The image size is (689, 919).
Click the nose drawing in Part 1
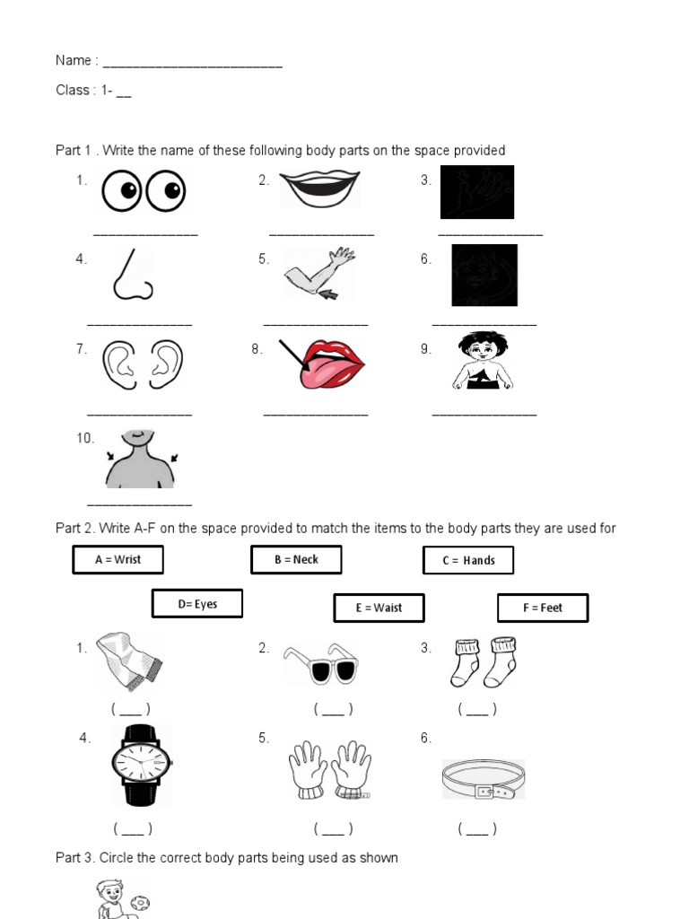[x=133, y=274]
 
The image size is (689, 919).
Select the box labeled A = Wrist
[x=118, y=559]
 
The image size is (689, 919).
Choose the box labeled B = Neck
[x=296, y=559]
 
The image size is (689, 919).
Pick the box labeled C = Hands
[x=468, y=560]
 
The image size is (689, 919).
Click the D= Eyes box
[x=197, y=604]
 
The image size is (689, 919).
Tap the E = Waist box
[x=379, y=608]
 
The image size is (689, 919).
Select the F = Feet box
[x=543, y=608]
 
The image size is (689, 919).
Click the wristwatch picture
[x=142, y=765]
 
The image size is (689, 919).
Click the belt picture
[x=483, y=779]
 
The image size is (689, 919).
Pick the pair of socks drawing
[x=485, y=662]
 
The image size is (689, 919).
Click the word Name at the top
[x=73, y=60]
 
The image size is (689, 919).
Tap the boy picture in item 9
[x=483, y=361]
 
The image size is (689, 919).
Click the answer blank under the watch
[x=132, y=829]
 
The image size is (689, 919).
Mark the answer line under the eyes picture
[x=145, y=233]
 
